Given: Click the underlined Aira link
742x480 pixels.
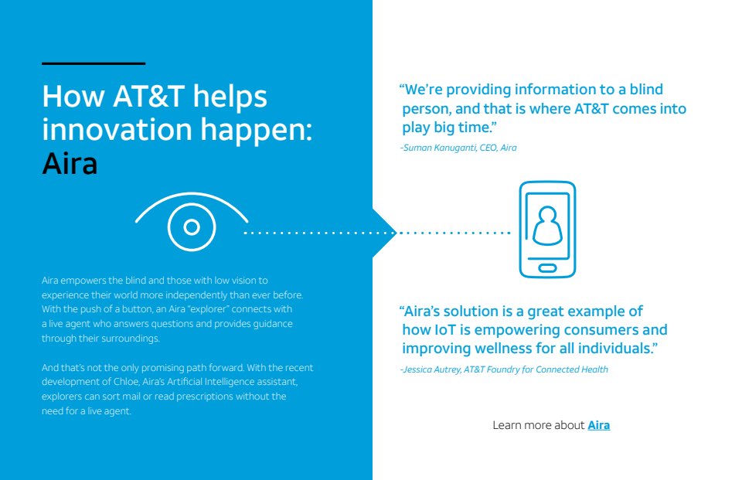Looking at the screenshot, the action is point(598,425).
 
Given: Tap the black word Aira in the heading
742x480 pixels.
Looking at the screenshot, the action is point(70,164).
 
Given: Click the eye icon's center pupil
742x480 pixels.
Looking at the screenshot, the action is point(192,227).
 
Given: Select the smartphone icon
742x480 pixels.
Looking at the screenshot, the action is point(547,229).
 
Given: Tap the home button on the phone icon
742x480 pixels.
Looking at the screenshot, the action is point(547,268).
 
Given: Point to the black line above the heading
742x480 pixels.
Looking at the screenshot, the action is point(94,63).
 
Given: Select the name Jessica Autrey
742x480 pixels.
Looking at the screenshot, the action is point(432,369).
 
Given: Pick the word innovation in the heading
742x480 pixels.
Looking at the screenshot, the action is point(117,129).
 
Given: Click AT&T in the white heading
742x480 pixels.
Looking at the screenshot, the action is point(148,96).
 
